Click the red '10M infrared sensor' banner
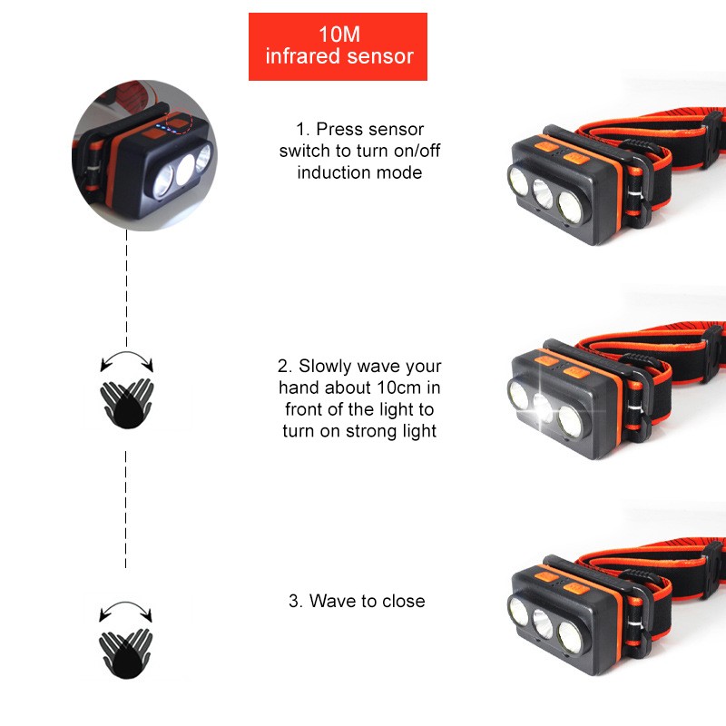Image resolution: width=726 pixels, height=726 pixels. coord(338,46)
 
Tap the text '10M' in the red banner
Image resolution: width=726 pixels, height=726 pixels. coord(339,34)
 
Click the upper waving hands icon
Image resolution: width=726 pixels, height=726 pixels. coord(127,404)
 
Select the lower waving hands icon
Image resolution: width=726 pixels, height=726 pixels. coord(126,653)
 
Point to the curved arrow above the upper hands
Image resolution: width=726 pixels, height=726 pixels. coord(127,353)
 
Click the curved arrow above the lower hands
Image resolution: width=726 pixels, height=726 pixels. coord(125,603)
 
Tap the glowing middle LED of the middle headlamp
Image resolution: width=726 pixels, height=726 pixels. coord(542,407)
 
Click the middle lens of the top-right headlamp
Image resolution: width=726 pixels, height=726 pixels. coord(543,193)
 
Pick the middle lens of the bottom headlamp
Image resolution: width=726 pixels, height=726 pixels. coord(543,624)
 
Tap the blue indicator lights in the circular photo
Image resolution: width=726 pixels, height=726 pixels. coord(166,128)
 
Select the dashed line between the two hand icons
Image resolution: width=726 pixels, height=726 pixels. coord(125,509)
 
